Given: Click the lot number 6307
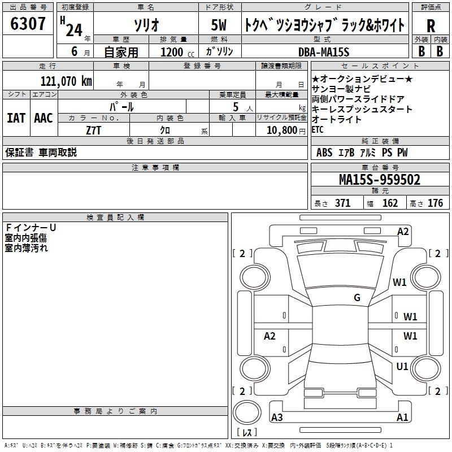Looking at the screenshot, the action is (28, 24).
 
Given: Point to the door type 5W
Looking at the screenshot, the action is (219, 26).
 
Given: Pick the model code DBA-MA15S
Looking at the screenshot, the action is (324, 52).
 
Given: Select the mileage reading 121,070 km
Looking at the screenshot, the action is (66, 81).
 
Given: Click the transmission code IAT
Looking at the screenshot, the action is (16, 118).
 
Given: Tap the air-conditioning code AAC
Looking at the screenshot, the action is (44, 118).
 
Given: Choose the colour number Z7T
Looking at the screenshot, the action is (93, 130).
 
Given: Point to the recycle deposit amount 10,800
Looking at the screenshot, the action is (281, 130).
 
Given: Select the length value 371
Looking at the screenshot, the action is (342, 203).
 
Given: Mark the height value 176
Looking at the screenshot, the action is (435, 203).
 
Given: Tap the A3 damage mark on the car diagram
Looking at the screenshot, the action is (277, 418).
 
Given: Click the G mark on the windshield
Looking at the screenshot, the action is (357, 298).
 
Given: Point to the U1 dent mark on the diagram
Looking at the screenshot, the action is (402, 367).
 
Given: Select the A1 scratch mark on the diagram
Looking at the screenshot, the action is (402, 418).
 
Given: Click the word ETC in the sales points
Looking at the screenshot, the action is (318, 129).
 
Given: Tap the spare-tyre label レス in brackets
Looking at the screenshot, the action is (247, 432).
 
